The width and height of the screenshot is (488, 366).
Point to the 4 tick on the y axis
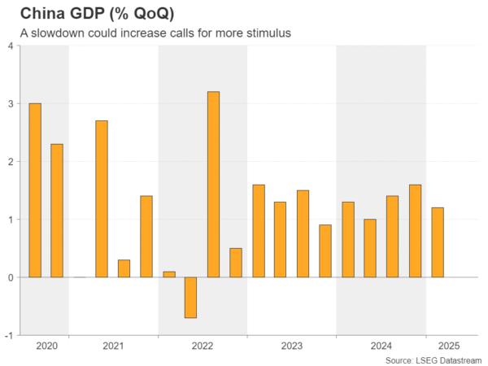pos(10,46)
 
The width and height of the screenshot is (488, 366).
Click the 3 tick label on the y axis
pos(10,104)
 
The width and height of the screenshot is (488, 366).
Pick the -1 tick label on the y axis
pos(8,335)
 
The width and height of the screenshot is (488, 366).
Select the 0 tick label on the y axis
pos(10,277)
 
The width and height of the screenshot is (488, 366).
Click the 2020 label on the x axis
pos(46,346)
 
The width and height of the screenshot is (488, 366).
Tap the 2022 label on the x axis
pos(203,346)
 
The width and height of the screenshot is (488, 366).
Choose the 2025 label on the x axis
pos(448,346)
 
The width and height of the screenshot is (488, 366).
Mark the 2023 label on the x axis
pos(292,346)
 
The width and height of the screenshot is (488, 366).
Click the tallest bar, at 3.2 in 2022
pos(213,184)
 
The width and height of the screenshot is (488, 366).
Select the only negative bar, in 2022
pos(191,297)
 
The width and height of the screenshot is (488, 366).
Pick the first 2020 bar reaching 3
pos(35,190)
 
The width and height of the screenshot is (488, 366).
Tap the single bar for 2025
pos(438,242)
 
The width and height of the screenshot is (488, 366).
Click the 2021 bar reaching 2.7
pos(102,199)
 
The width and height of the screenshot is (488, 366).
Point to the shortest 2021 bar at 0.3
pos(124,268)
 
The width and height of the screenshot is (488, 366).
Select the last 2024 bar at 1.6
pos(415,231)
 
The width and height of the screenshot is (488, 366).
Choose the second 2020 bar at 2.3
pos(57,211)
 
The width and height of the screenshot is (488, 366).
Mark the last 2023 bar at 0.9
pos(325,251)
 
